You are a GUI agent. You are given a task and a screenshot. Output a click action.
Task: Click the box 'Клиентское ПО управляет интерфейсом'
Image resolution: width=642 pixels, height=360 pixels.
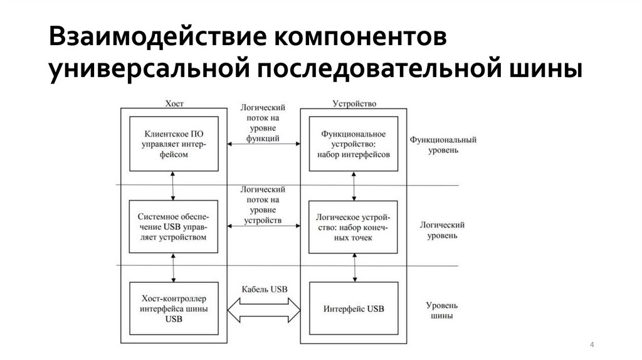point(175,144)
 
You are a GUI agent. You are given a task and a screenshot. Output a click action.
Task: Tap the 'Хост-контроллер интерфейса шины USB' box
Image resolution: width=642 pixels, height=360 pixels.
point(175,309)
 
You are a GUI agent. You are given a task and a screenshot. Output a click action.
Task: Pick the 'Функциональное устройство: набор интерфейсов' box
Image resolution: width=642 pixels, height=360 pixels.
point(354,144)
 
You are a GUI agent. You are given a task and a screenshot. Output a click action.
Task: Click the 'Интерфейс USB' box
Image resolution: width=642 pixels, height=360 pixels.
point(354,309)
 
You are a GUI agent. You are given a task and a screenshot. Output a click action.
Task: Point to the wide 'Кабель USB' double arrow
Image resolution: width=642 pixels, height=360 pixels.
point(264,309)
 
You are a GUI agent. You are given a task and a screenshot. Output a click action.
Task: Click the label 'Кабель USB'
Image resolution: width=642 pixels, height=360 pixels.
point(264,289)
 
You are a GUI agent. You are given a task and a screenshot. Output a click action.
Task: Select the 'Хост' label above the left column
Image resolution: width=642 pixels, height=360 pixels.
point(174,103)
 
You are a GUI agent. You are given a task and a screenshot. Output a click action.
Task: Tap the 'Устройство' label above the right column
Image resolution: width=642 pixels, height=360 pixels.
point(354,103)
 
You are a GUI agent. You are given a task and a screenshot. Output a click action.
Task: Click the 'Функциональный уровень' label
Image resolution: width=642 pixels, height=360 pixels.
point(443,145)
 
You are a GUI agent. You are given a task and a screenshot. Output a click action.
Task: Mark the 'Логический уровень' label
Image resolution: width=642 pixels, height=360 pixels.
point(443,230)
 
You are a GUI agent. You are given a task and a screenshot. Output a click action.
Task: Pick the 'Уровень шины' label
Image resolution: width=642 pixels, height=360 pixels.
point(443,310)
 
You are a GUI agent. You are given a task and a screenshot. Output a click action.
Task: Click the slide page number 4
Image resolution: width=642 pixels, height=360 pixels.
point(592,346)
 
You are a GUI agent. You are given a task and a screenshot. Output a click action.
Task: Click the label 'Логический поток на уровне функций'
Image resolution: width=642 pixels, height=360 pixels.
point(263,123)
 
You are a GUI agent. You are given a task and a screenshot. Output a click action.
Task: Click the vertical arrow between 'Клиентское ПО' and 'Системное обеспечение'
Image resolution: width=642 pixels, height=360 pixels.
point(175,186)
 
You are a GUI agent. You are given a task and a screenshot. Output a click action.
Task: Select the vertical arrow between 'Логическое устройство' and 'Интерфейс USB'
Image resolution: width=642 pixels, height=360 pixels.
point(355,267)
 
